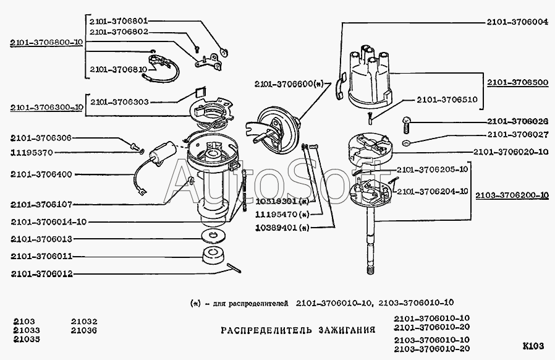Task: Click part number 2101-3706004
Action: tap(517, 21)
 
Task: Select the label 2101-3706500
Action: tap(517, 82)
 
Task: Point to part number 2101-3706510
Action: tap(446, 98)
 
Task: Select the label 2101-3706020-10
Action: tap(511, 152)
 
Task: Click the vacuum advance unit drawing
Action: tap(276, 127)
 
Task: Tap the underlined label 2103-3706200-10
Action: tap(512, 195)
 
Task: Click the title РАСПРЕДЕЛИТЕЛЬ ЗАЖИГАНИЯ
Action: tap(298, 330)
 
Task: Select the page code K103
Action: tap(532, 345)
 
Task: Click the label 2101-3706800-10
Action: tap(47, 43)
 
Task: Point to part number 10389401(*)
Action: tap(281, 228)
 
